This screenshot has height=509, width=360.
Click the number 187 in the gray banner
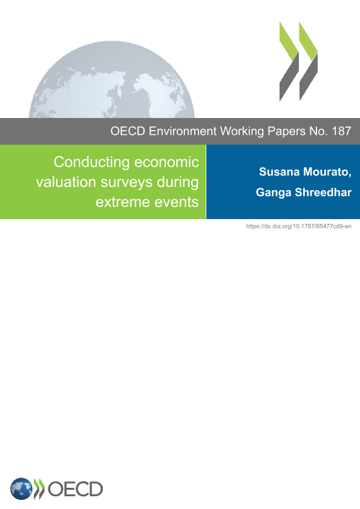pos(341,131)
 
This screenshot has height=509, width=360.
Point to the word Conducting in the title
pos(92,162)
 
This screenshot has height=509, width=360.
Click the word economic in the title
pos(166,162)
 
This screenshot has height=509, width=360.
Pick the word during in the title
pos(177,183)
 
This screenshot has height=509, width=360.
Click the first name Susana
pos(279,172)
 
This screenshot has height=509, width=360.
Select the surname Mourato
pos(327,172)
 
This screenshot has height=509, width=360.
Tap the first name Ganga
pos(273,192)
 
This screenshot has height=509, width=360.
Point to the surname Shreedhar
pos(323,192)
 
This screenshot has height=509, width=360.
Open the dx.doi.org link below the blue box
pos(299,226)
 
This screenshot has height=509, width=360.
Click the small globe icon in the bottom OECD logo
pos(21,488)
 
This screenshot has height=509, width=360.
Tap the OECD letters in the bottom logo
pos(75,489)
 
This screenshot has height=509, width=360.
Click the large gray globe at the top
pos(112,79)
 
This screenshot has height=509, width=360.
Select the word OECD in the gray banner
pos(128,131)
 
